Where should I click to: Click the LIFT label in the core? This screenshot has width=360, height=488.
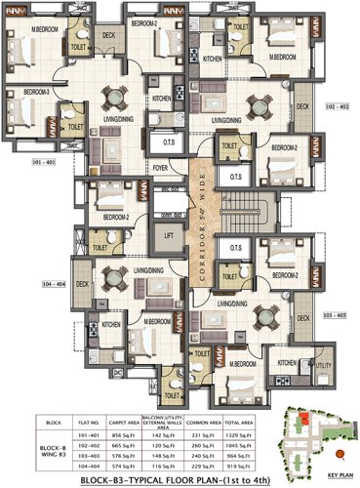(x=169, y=235)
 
